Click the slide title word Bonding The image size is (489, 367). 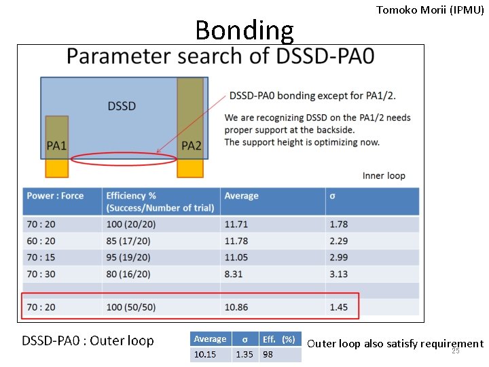click(244, 31)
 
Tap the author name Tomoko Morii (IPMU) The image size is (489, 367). click(430, 10)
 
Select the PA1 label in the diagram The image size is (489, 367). click(56, 145)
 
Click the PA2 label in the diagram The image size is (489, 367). click(191, 145)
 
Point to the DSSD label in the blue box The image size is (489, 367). click(122, 106)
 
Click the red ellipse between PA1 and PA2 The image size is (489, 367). click(124, 159)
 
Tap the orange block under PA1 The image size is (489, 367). click(56, 168)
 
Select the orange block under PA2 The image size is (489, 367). click(191, 168)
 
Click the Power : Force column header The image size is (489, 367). click(55, 196)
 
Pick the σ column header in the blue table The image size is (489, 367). click(332, 196)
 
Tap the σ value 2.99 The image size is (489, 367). click(338, 258)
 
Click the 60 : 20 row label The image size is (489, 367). click(41, 241)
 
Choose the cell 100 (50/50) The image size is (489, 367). click(131, 307)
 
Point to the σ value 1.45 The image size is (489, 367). click(338, 307)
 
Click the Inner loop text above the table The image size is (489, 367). click(384, 175)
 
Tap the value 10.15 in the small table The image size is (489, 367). click(204, 354)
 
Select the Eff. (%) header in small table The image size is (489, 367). click(278, 339)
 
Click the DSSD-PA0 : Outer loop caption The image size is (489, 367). click(88, 340)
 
